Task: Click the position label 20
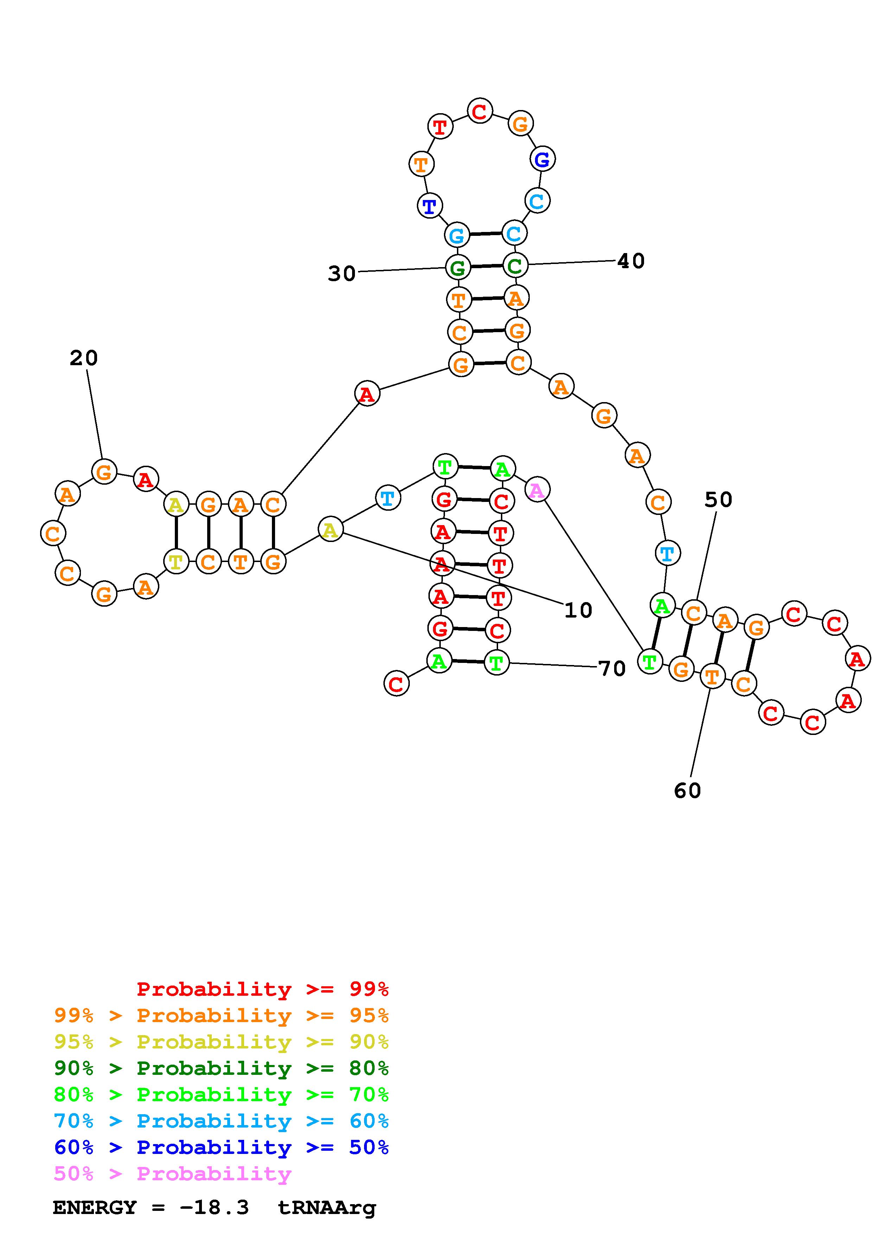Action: [x=84, y=358]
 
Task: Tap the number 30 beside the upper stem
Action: [x=342, y=274]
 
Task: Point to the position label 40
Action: [x=631, y=262]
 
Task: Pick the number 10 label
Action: [x=578, y=611]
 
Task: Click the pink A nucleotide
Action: [x=537, y=490]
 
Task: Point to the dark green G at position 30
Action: [x=457, y=267]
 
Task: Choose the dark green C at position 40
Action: [x=515, y=265]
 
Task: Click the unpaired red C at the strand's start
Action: [x=396, y=684]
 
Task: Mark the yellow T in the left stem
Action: [x=176, y=562]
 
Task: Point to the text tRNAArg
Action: [x=327, y=1208]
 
